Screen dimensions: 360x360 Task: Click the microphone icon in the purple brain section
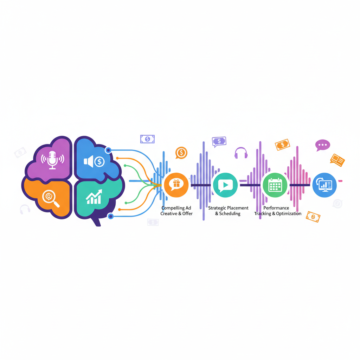[52, 160]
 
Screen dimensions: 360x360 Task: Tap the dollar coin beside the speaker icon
[99, 162]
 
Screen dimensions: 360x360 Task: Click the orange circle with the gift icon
[176, 185]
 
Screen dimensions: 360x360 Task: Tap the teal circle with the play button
[225, 185]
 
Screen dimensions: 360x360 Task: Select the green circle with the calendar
[275, 185]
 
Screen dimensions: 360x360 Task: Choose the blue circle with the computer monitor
[324, 185]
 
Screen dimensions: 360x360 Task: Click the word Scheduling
[230, 214]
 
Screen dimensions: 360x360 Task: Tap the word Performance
[276, 208]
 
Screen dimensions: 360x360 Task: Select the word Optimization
[288, 214]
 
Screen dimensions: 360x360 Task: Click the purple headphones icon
[241, 153]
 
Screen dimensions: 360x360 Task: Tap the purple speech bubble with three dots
[322, 145]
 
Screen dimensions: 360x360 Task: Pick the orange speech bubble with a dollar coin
[181, 153]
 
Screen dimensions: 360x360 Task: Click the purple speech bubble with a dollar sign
[219, 141]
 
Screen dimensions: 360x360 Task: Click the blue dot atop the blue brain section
[108, 150]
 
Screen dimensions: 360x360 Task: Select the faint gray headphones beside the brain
[25, 209]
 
